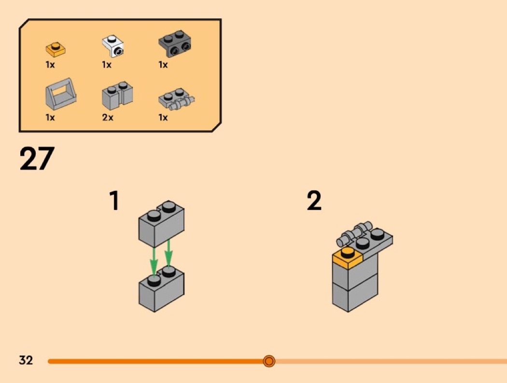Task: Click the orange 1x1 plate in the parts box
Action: coord(56,49)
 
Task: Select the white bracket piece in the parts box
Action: coord(113,46)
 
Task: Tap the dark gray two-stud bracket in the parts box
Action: coord(175,43)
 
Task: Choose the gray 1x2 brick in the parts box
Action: coord(117,96)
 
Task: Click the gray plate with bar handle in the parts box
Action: coord(176,99)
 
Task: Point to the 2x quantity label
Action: coord(108,117)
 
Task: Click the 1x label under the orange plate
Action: coord(50,65)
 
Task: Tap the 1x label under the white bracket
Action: coord(107,65)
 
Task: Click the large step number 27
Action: coord(37,158)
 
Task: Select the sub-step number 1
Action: coord(114,200)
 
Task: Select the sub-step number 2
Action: coord(314,200)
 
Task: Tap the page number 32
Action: coord(26,360)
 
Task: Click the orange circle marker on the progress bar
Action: coord(269,361)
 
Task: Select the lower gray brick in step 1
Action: coord(161,289)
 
